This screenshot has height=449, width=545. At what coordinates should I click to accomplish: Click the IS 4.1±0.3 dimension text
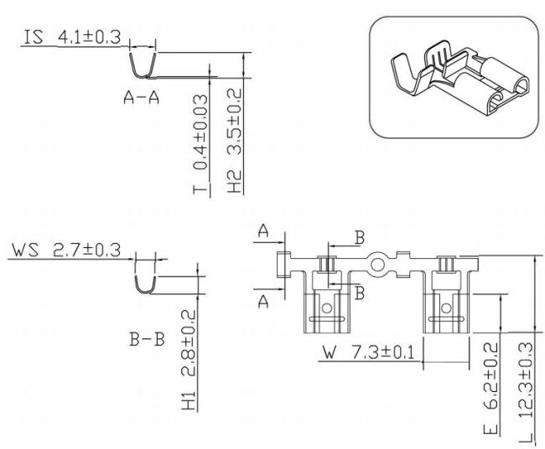[x=72, y=37]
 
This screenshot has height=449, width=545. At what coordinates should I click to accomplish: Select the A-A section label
[x=142, y=97]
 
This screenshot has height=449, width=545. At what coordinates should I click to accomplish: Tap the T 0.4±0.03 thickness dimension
[x=200, y=144]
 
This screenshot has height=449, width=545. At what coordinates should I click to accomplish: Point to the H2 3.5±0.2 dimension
[x=235, y=141]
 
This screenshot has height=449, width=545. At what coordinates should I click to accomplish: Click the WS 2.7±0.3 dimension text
[x=66, y=250]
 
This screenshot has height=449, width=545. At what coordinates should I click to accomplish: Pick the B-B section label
[x=147, y=339]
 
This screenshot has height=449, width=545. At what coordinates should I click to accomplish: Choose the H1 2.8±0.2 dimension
[x=189, y=359]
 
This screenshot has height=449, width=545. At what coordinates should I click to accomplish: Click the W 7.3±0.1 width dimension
[x=369, y=353]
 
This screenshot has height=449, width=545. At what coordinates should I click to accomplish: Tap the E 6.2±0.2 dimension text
[x=490, y=388]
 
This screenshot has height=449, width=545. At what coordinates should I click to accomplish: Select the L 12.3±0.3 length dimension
[x=526, y=392]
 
